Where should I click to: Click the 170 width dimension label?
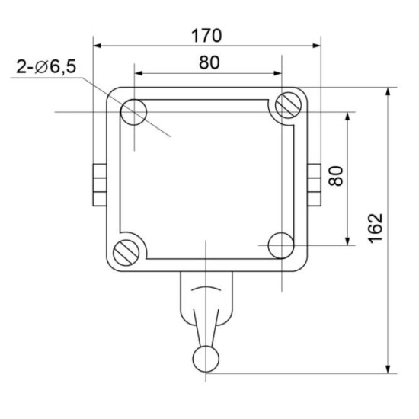pos(206,36)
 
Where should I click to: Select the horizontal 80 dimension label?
pos(209,62)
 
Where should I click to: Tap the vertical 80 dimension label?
pos(336,176)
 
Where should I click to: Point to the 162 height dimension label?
pos(376,229)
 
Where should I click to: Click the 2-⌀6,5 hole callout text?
pos(46,66)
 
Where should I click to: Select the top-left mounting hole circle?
pos(134,112)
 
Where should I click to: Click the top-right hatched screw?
pos(289,105)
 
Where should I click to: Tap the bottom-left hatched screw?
pos(126,252)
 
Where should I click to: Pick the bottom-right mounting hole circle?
pos(281,245)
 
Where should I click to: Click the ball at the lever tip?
pos(206,359)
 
